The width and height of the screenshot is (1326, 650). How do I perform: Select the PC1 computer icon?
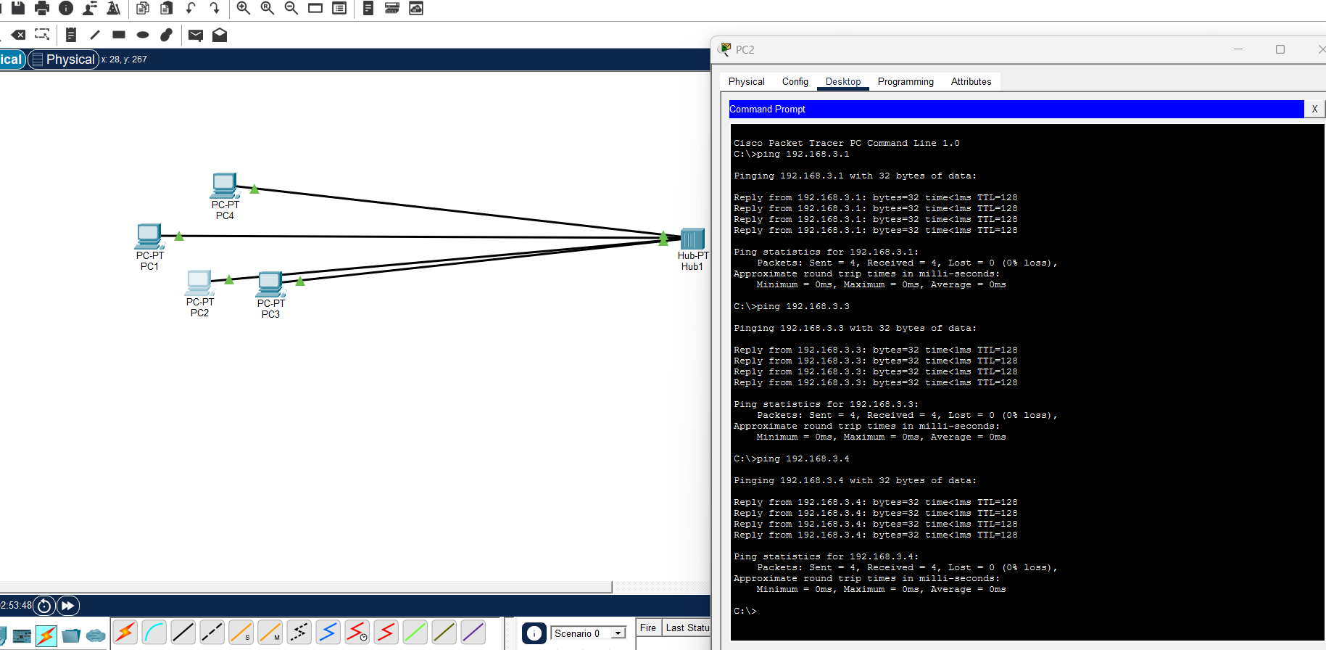pyautogui.click(x=149, y=235)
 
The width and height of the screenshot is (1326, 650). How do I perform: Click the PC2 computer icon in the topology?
pyautogui.click(x=199, y=282)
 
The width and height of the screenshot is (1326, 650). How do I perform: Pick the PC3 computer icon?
pyautogui.click(x=270, y=284)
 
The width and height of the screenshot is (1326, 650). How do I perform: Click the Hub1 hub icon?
pyautogui.click(x=692, y=238)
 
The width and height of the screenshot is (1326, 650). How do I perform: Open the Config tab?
pyautogui.click(x=795, y=81)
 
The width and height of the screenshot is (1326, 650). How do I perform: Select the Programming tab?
pyautogui.click(x=906, y=81)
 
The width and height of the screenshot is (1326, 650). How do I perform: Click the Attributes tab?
pyautogui.click(x=971, y=81)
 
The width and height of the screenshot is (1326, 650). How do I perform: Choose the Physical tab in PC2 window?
pyautogui.click(x=746, y=81)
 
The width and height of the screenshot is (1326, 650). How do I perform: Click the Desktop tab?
pyautogui.click(x=843, y=81)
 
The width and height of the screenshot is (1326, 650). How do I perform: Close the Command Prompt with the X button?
pyautogui.click(x=1314, y=109)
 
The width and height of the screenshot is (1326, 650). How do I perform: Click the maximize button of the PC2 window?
pyautogui.click(x=1280, y=49)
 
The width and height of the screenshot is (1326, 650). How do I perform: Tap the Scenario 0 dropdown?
pyautogui.click(x=588, y=633)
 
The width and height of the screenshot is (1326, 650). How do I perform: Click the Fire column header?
pyautogui.click(x=648, y=628)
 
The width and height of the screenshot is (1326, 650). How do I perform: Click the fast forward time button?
pyautogui.click(x=67, y=605)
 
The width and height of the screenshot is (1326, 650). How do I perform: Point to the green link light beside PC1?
pyautogui.click(x=179, y=236)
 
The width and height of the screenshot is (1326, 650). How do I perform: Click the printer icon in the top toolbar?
pyautogui.click(x=42, y=8)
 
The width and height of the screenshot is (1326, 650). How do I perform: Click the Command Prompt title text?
pyautogui.click(x=767, y=109)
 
